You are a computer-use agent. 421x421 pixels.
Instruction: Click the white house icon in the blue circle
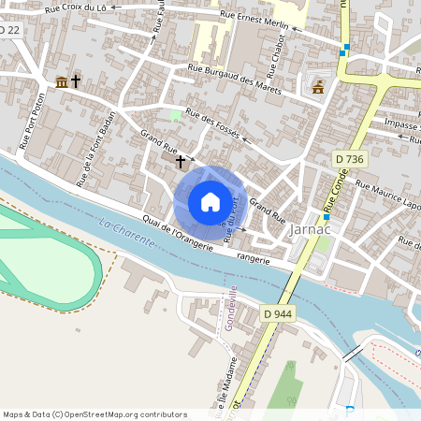click(210, 202)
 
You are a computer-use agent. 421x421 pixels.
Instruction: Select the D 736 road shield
click(349, 161)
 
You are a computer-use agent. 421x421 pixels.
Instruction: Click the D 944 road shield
click(278, 313)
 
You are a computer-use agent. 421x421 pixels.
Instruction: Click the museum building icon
click(62, 82)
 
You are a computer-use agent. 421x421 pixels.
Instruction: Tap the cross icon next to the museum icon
click(76, 82)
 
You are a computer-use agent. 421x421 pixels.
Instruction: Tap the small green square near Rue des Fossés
click(175, 115)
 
